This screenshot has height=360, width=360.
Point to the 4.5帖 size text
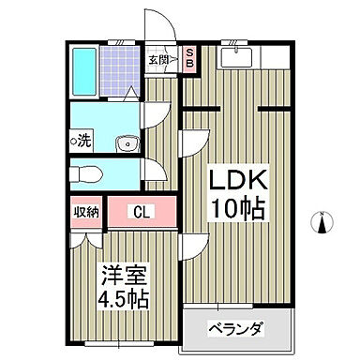click(x=124, y=302)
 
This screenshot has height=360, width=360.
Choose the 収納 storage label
click(x=86, y=212)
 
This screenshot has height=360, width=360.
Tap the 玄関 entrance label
click(x=157, y=61)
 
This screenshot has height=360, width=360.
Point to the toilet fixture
click(x=86, y=174)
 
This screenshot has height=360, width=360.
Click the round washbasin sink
click(x=125, y=142)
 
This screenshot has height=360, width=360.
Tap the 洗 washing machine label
click(x=82, y=142)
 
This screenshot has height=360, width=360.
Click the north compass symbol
click(x=322, y=222)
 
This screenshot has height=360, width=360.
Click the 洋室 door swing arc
click(x=189, y=247)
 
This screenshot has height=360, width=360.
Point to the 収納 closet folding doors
click(x=86, y=237)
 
